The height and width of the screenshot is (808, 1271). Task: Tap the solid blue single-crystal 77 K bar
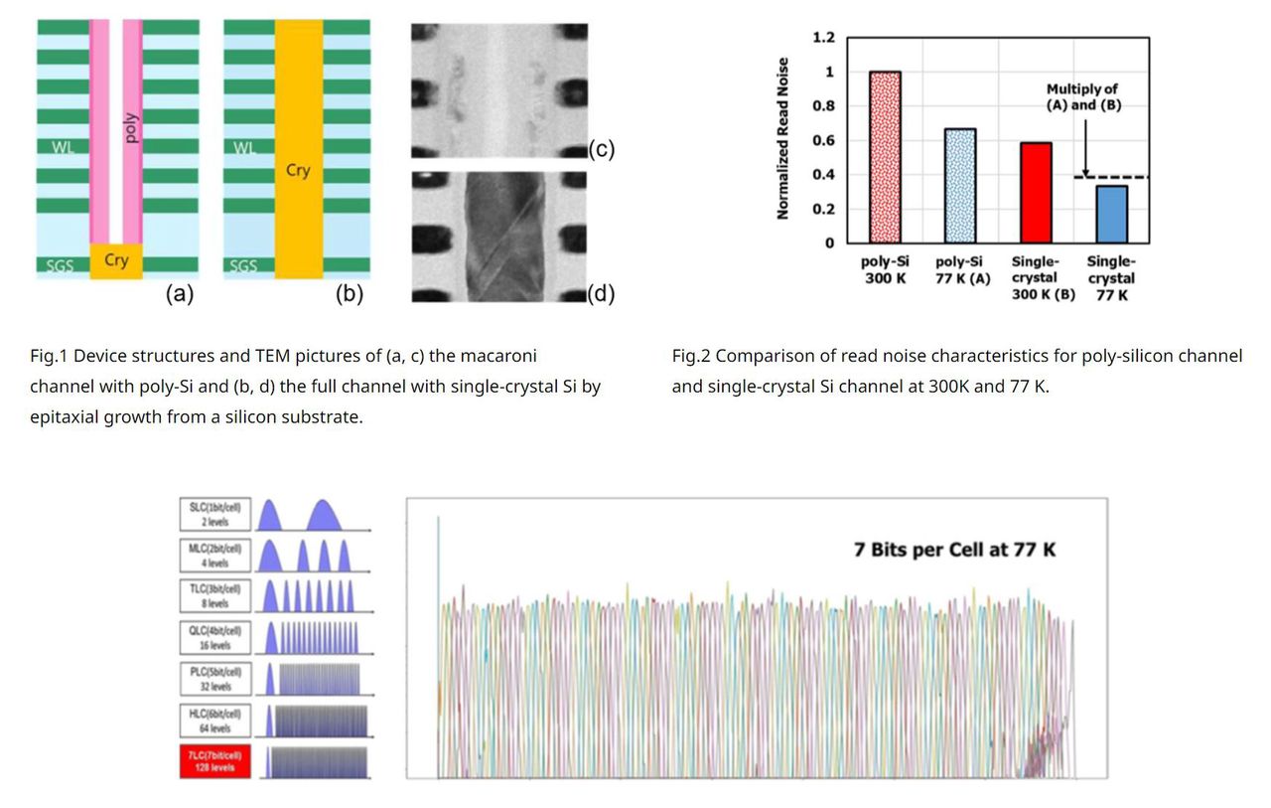coord(1110,214)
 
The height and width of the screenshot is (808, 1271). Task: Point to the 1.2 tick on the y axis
coord(823,38)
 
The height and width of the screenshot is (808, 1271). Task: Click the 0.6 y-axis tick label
coord(823,140)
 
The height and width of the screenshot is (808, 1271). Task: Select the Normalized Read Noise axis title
coord(783,138)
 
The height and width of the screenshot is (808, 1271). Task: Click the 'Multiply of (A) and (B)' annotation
coord(1082,96)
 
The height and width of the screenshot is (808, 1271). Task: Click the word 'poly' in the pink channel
coord(132,127)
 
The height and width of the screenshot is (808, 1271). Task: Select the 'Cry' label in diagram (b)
coord(298,170)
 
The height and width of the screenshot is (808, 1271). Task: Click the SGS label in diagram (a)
coord(60,265)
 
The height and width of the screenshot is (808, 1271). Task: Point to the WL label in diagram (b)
coord(244,148)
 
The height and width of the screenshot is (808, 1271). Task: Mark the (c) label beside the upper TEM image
coord(602,149)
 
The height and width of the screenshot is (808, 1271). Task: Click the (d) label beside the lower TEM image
coord(602,293)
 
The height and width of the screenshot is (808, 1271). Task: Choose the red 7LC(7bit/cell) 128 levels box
coord(215,762)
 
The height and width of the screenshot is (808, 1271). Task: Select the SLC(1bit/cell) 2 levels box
coord(215,514)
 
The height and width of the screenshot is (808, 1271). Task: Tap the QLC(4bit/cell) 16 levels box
coord(215,638)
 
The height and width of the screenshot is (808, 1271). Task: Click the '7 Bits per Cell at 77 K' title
coord(954,549)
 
